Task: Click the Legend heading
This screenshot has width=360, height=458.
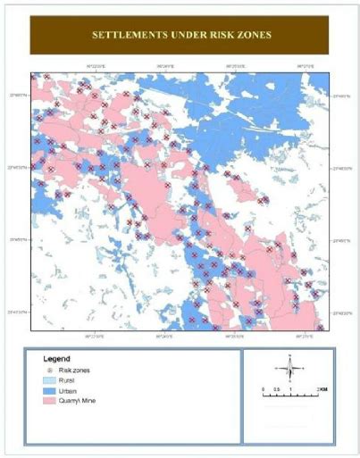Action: (56, 359)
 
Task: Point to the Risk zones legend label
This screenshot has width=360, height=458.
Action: (74, 370)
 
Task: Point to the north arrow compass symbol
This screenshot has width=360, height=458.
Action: (289, 366)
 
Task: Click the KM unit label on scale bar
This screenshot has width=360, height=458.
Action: (322, 390)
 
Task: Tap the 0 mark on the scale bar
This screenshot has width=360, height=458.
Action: (264, 390)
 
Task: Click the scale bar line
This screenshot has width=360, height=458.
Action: (290, 396)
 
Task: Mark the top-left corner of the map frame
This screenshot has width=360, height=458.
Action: (30, 72)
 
